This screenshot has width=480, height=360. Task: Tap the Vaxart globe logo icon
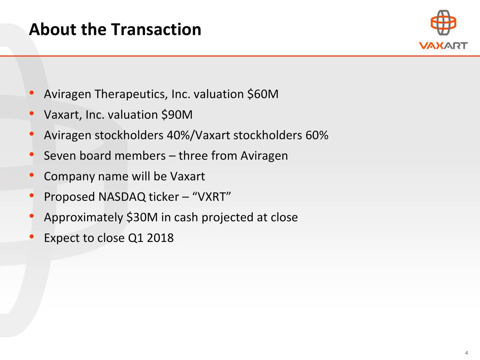point(443,22)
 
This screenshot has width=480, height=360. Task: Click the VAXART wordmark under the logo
point(443,45)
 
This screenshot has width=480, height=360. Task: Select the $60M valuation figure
point(263,94)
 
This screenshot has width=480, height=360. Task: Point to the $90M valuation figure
point(177,114)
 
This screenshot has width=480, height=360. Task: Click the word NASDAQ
point(122,197)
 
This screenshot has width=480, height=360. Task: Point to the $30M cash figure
point(142,217)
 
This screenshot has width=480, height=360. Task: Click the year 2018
point(160,238)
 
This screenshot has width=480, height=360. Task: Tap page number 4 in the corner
point(466,353)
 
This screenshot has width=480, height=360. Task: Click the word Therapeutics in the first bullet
point(131,94)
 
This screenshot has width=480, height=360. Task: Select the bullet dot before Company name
point(32,175)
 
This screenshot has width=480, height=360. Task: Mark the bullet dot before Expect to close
point(32,237)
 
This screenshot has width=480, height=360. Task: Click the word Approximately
point(84,217)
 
